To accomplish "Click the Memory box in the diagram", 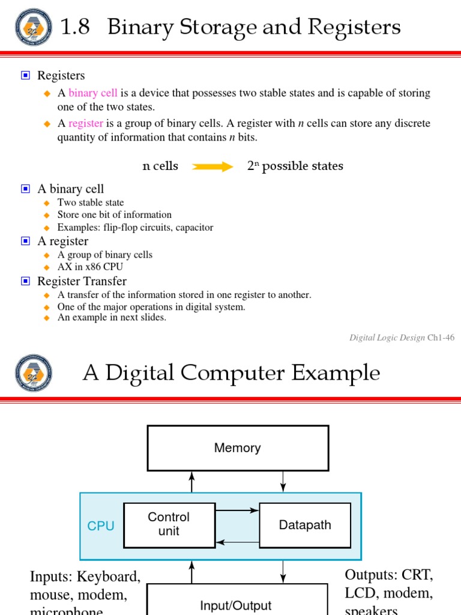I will coord(238,448).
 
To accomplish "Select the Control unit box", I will coord(169,524).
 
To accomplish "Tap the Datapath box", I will coord(305,525).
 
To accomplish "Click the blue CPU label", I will coord(101,526).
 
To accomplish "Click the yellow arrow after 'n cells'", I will coord(212,166).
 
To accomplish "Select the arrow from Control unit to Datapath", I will coord(237,511).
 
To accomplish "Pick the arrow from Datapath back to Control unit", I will coord(237,542).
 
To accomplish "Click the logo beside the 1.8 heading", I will coord(34,28).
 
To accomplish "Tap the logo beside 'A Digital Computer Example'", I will coord(34,373).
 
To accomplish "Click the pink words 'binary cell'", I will coord(93,93).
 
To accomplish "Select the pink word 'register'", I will coord(86,124).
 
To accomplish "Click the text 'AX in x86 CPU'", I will coord(90,267).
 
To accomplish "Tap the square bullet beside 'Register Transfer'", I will coord(25,281).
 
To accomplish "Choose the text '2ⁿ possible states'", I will coord(295,166).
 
